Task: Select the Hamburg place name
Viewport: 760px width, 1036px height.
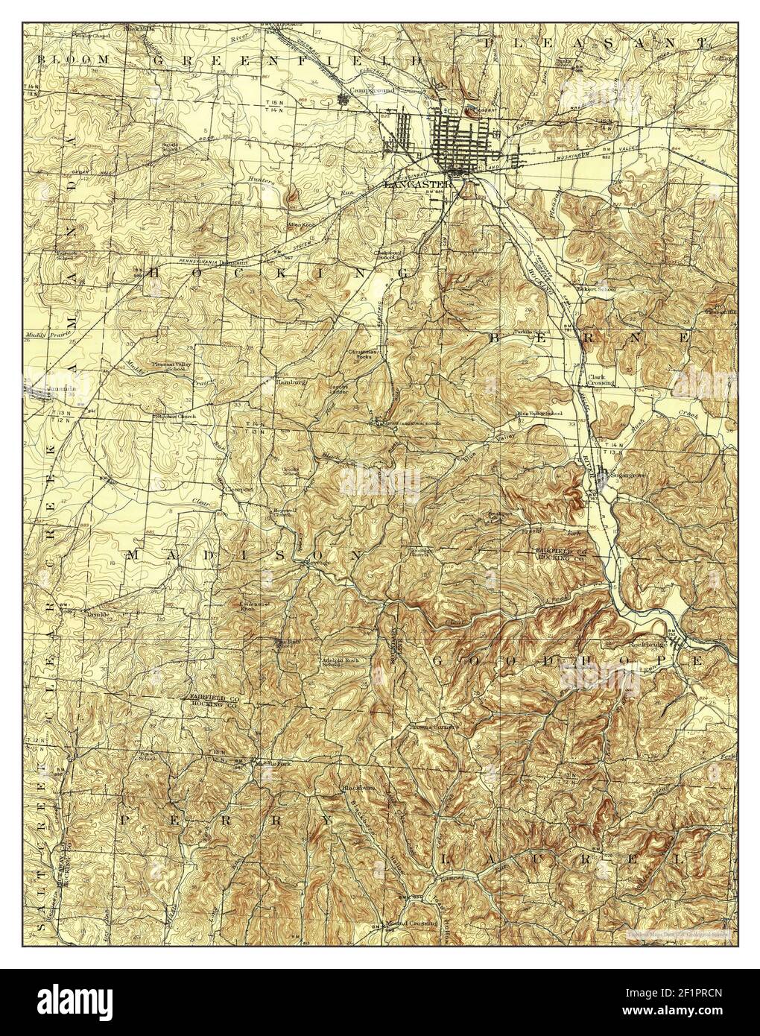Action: [270, 382]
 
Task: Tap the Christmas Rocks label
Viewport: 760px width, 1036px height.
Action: [364, 353]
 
